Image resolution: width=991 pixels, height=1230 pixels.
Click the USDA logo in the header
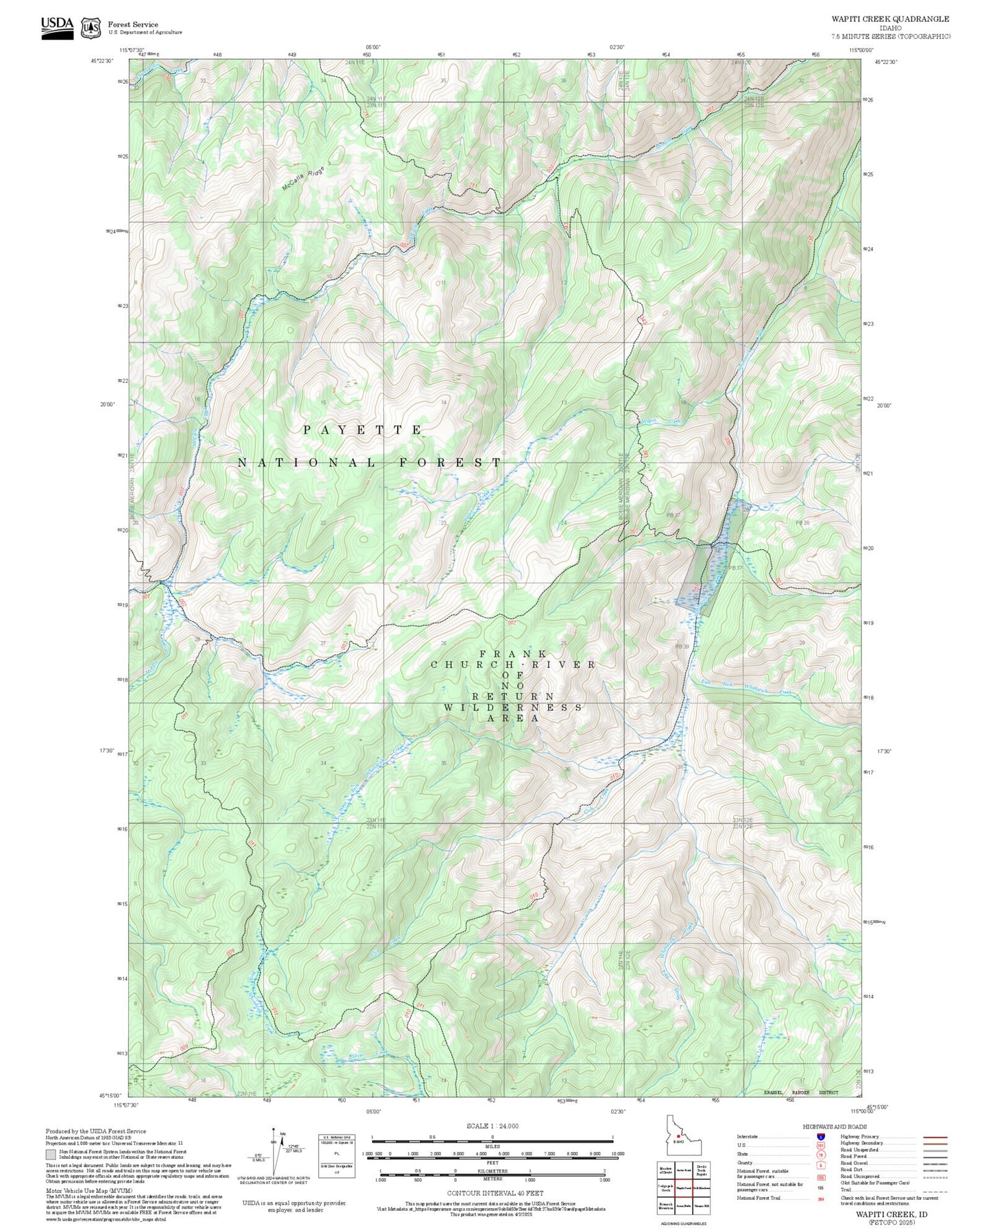click(57, 27)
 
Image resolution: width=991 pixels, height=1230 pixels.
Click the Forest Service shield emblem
click(91, 27)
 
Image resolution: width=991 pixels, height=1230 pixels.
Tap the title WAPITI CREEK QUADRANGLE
click(890, 19)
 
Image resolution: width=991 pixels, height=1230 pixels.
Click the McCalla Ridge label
click(302, 178)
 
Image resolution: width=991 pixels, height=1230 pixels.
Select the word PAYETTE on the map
click(363, 430)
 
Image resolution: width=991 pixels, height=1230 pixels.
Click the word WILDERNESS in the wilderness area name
click(513, 707)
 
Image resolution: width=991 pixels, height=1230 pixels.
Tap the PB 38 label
click(803, 522)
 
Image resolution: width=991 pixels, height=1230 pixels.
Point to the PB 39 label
click(682, 647)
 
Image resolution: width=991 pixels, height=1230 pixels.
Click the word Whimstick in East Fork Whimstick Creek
click(757, 688)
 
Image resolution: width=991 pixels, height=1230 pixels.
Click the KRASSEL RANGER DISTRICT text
click(800, 1092)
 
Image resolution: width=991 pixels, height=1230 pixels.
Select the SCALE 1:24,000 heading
click(492, 1126)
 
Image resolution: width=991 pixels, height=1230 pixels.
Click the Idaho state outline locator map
click(683, 1137)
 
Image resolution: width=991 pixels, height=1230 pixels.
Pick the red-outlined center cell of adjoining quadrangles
click(683, 1187)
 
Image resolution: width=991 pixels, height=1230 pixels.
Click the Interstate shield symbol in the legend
click(821, 1137)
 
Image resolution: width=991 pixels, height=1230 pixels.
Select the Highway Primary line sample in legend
click(935, 1137)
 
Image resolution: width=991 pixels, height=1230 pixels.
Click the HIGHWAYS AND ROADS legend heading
click(835, 1126)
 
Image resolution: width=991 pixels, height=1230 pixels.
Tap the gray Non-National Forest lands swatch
click(51, 1155)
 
